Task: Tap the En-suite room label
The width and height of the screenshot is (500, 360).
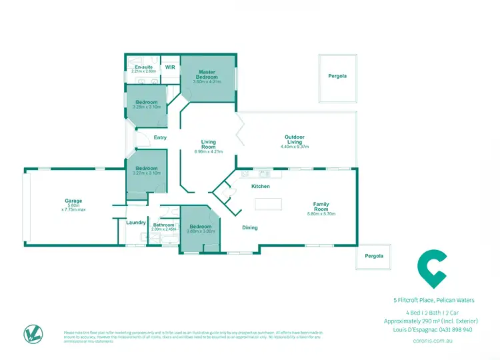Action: pos(143,67)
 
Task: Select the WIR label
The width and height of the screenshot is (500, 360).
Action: pos(170,67)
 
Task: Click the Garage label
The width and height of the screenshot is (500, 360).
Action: pos(73,201)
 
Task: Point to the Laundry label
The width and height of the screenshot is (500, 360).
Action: pos(136,222)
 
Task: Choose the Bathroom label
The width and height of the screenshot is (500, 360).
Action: pos(163,225)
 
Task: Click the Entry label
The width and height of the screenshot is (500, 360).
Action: pos(160,137)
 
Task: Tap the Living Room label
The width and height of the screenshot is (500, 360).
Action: pos(209,144)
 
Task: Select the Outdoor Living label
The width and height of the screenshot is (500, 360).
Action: pos(295,139)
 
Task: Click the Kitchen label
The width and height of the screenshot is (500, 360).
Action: pos(260,186)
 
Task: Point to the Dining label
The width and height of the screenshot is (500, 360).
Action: pos(250,227)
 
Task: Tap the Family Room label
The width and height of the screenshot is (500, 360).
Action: pos(321,207)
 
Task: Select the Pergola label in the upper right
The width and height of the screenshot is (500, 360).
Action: pos(337,76)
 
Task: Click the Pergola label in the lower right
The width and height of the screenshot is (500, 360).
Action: pos(373,256)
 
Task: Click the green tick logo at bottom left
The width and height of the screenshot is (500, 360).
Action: pos(31,333)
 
